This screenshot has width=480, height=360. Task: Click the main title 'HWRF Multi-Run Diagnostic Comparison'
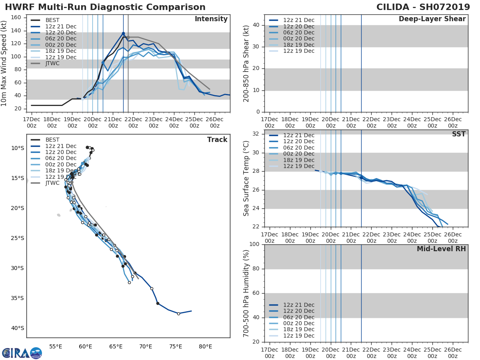[x=105, y=7]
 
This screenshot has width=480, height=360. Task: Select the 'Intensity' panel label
[x=211, y=19]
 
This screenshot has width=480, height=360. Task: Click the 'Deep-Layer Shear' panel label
[x=432, y=19]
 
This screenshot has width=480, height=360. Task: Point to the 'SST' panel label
[x=458, y=134]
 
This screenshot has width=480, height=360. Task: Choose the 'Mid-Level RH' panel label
[x=441, y=249]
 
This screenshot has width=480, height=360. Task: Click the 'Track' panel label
[x=217, y=140]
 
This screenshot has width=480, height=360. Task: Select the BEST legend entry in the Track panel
[x=52, y=140]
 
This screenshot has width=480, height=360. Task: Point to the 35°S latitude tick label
[x=17, y=298]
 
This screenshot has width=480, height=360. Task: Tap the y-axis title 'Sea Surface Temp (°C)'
[x=246, y=178]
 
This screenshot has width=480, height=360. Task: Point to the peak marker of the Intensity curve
[x=123, y=34]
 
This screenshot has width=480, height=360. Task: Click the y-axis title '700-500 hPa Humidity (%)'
[x=246, y=293]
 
